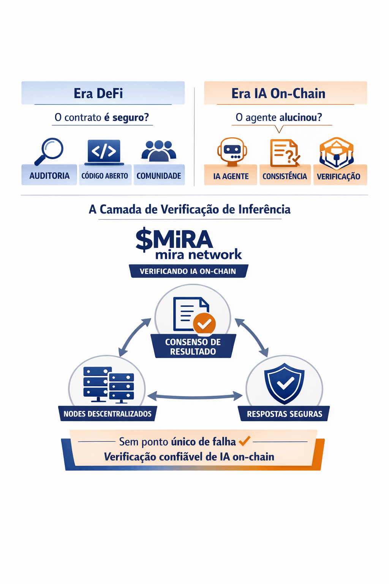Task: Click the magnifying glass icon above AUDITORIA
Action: pos(49,151)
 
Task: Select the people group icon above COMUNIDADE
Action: pos(159,151)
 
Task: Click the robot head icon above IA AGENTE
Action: pos(232,152)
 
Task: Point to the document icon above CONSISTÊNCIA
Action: pos(284,153)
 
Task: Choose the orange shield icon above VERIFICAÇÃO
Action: pos(337,153)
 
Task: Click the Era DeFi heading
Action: pos(98,94)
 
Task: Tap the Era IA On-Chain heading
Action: pos(278,94)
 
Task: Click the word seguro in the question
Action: pos(130,117)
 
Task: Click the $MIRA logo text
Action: pos(174,240)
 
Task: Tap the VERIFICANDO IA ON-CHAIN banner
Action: pos(188,271)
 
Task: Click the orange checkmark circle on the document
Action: pos(204,324)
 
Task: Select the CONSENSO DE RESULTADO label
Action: pos(193,346)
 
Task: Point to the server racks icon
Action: pos(109,384)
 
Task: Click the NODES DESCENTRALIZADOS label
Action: pos(108,414)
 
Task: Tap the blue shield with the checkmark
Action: pos(285,383)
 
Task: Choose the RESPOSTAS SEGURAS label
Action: pos(285,414)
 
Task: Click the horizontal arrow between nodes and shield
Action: pos(194,397)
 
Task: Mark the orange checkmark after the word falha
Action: pos(244,441)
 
